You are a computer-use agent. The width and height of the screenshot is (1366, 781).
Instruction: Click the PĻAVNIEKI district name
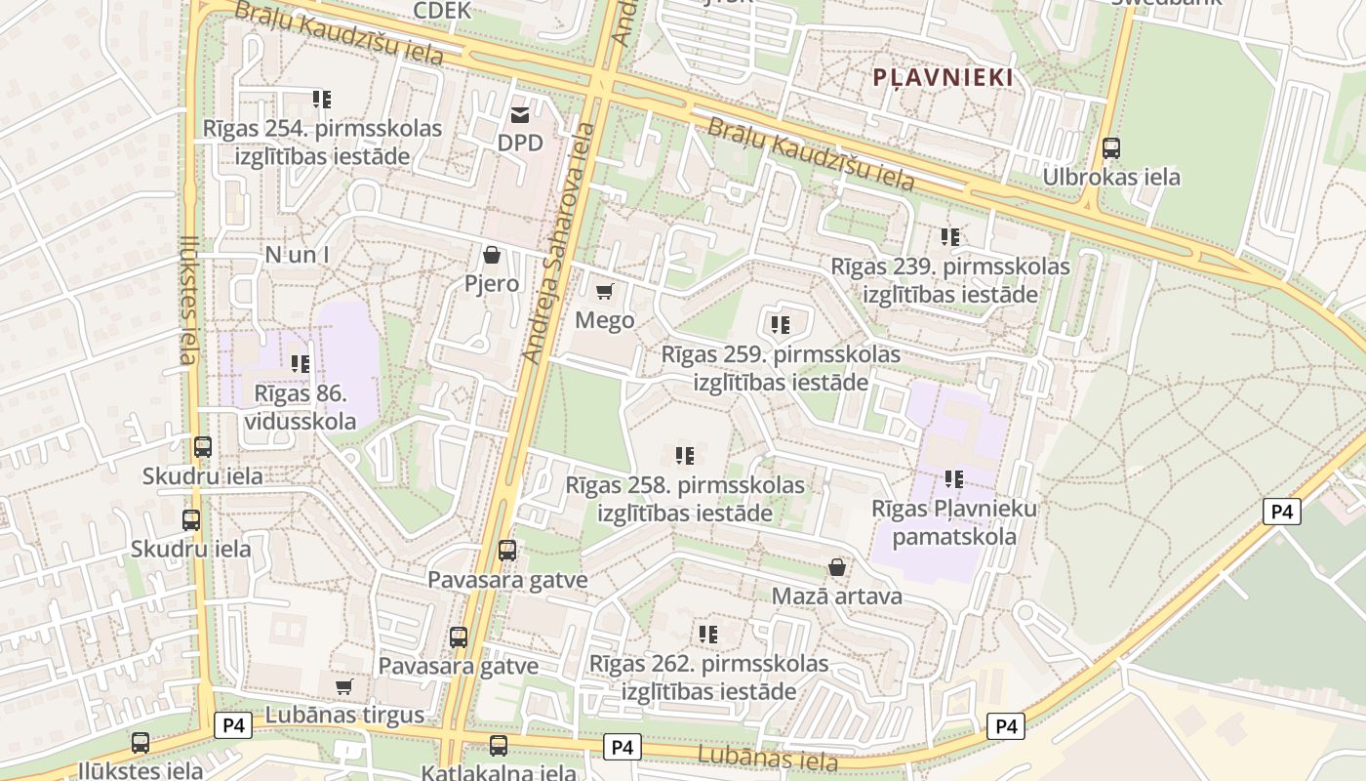coord(943,77)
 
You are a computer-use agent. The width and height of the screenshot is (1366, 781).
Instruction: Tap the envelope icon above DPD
coord(519,115)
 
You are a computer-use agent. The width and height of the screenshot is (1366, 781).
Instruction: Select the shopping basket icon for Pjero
coord(492,256)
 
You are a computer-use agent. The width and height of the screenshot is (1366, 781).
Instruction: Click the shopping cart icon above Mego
coord(605,291)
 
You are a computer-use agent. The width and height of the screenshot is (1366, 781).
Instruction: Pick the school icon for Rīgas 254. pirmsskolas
coord(322,99)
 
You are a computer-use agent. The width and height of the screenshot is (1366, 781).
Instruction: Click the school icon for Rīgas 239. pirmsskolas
coord(950,236)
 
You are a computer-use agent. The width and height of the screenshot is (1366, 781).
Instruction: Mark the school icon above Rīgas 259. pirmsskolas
coord(780,324)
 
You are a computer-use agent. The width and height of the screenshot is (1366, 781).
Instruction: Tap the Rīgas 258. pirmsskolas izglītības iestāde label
coord(685,499)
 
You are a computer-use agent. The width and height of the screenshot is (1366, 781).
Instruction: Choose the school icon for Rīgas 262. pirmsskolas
coord(708,634)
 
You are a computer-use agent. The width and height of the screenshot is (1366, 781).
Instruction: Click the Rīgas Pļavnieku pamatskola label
coord(954,522)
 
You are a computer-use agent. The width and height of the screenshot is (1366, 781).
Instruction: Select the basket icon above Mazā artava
coord(836,567)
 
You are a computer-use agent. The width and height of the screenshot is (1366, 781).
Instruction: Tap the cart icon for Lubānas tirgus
coord(343,686)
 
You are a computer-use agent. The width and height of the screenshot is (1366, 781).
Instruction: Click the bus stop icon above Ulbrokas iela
coord(1110,148)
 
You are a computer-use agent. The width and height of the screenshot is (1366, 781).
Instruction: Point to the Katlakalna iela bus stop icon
coord(499,746)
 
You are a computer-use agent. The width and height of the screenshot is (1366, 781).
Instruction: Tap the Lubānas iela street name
coord(768,758)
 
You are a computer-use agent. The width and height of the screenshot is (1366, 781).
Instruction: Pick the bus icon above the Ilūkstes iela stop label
coord(141,743)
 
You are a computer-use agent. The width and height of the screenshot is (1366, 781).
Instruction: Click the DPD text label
coord(520,144)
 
